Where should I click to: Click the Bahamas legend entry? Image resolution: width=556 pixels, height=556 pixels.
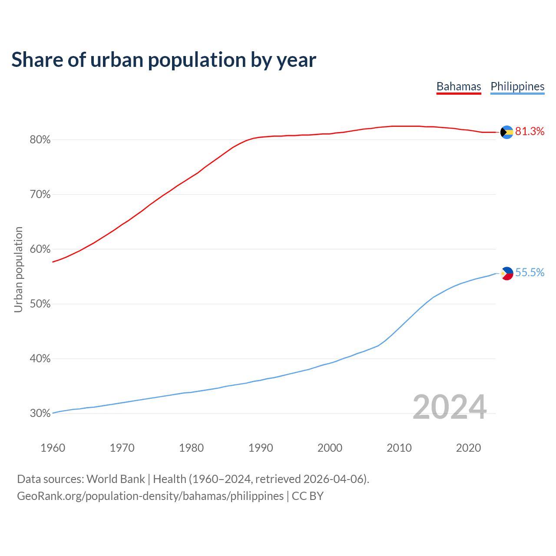(459, 86)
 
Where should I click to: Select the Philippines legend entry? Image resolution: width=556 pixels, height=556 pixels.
(517, 86)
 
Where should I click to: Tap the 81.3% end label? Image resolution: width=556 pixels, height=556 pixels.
(530, 132)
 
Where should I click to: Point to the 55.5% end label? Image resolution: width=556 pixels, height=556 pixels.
(530, 273)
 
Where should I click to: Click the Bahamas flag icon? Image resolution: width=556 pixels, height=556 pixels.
(507, 132)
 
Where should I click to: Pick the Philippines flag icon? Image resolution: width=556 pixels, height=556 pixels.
(507, 273)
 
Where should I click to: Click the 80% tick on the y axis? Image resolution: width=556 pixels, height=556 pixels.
(40, 140)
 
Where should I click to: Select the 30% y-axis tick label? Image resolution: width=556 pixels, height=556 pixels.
(40, 414)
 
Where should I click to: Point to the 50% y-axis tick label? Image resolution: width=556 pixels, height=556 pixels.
(40, 304)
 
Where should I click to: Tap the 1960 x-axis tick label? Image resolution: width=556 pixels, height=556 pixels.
(53, 448)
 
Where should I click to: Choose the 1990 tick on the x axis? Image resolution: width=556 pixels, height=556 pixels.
(261, 448)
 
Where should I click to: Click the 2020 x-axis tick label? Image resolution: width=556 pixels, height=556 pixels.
(468, 448)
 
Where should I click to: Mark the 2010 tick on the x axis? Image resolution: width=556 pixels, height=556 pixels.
(399, 448)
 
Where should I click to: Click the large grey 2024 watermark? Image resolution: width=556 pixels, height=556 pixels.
(450, 407)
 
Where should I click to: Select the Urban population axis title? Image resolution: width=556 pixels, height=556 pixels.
(18, 269)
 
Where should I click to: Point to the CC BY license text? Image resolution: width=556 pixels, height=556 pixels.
(308, 496)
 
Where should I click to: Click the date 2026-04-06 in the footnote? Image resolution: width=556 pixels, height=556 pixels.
(335, 479)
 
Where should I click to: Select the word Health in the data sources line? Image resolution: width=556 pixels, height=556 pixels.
(169, 479)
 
